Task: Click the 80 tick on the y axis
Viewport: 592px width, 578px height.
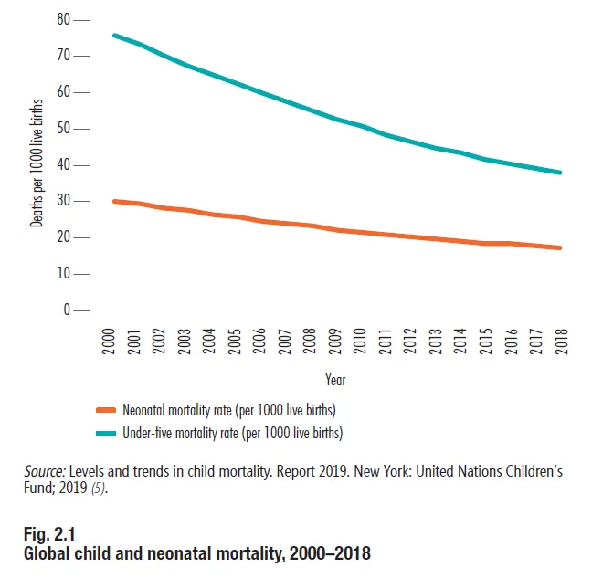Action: click(69, 19)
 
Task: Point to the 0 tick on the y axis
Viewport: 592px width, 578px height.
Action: click(69, 310)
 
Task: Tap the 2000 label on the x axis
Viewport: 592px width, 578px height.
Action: click(109, 341)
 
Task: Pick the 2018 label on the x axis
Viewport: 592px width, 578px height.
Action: click(559, 341)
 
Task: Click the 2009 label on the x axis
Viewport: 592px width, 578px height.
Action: click(334, 341)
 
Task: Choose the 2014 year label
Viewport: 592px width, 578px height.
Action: click(459, 341)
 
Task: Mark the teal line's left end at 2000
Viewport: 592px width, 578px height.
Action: click(113, 35)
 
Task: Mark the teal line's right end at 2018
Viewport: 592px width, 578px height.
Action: click(559, 173)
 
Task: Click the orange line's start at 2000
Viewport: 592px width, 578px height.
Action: click(113, 201)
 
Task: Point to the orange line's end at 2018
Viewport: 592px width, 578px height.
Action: click(559, 247)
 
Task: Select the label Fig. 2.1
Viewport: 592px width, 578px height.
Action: click(48, 533)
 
